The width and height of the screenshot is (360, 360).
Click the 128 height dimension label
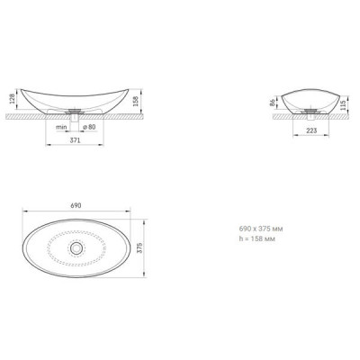13,99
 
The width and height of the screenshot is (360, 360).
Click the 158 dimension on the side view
135,101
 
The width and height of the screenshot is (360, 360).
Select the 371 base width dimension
75,139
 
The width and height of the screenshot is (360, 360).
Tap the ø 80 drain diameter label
89,127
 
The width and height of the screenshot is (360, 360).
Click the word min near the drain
61,127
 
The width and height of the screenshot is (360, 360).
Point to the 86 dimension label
273,103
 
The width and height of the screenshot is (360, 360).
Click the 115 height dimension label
344,104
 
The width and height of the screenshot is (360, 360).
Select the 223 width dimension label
311,130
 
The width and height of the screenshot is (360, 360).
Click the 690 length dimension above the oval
76,206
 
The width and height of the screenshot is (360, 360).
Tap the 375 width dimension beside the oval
139,248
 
